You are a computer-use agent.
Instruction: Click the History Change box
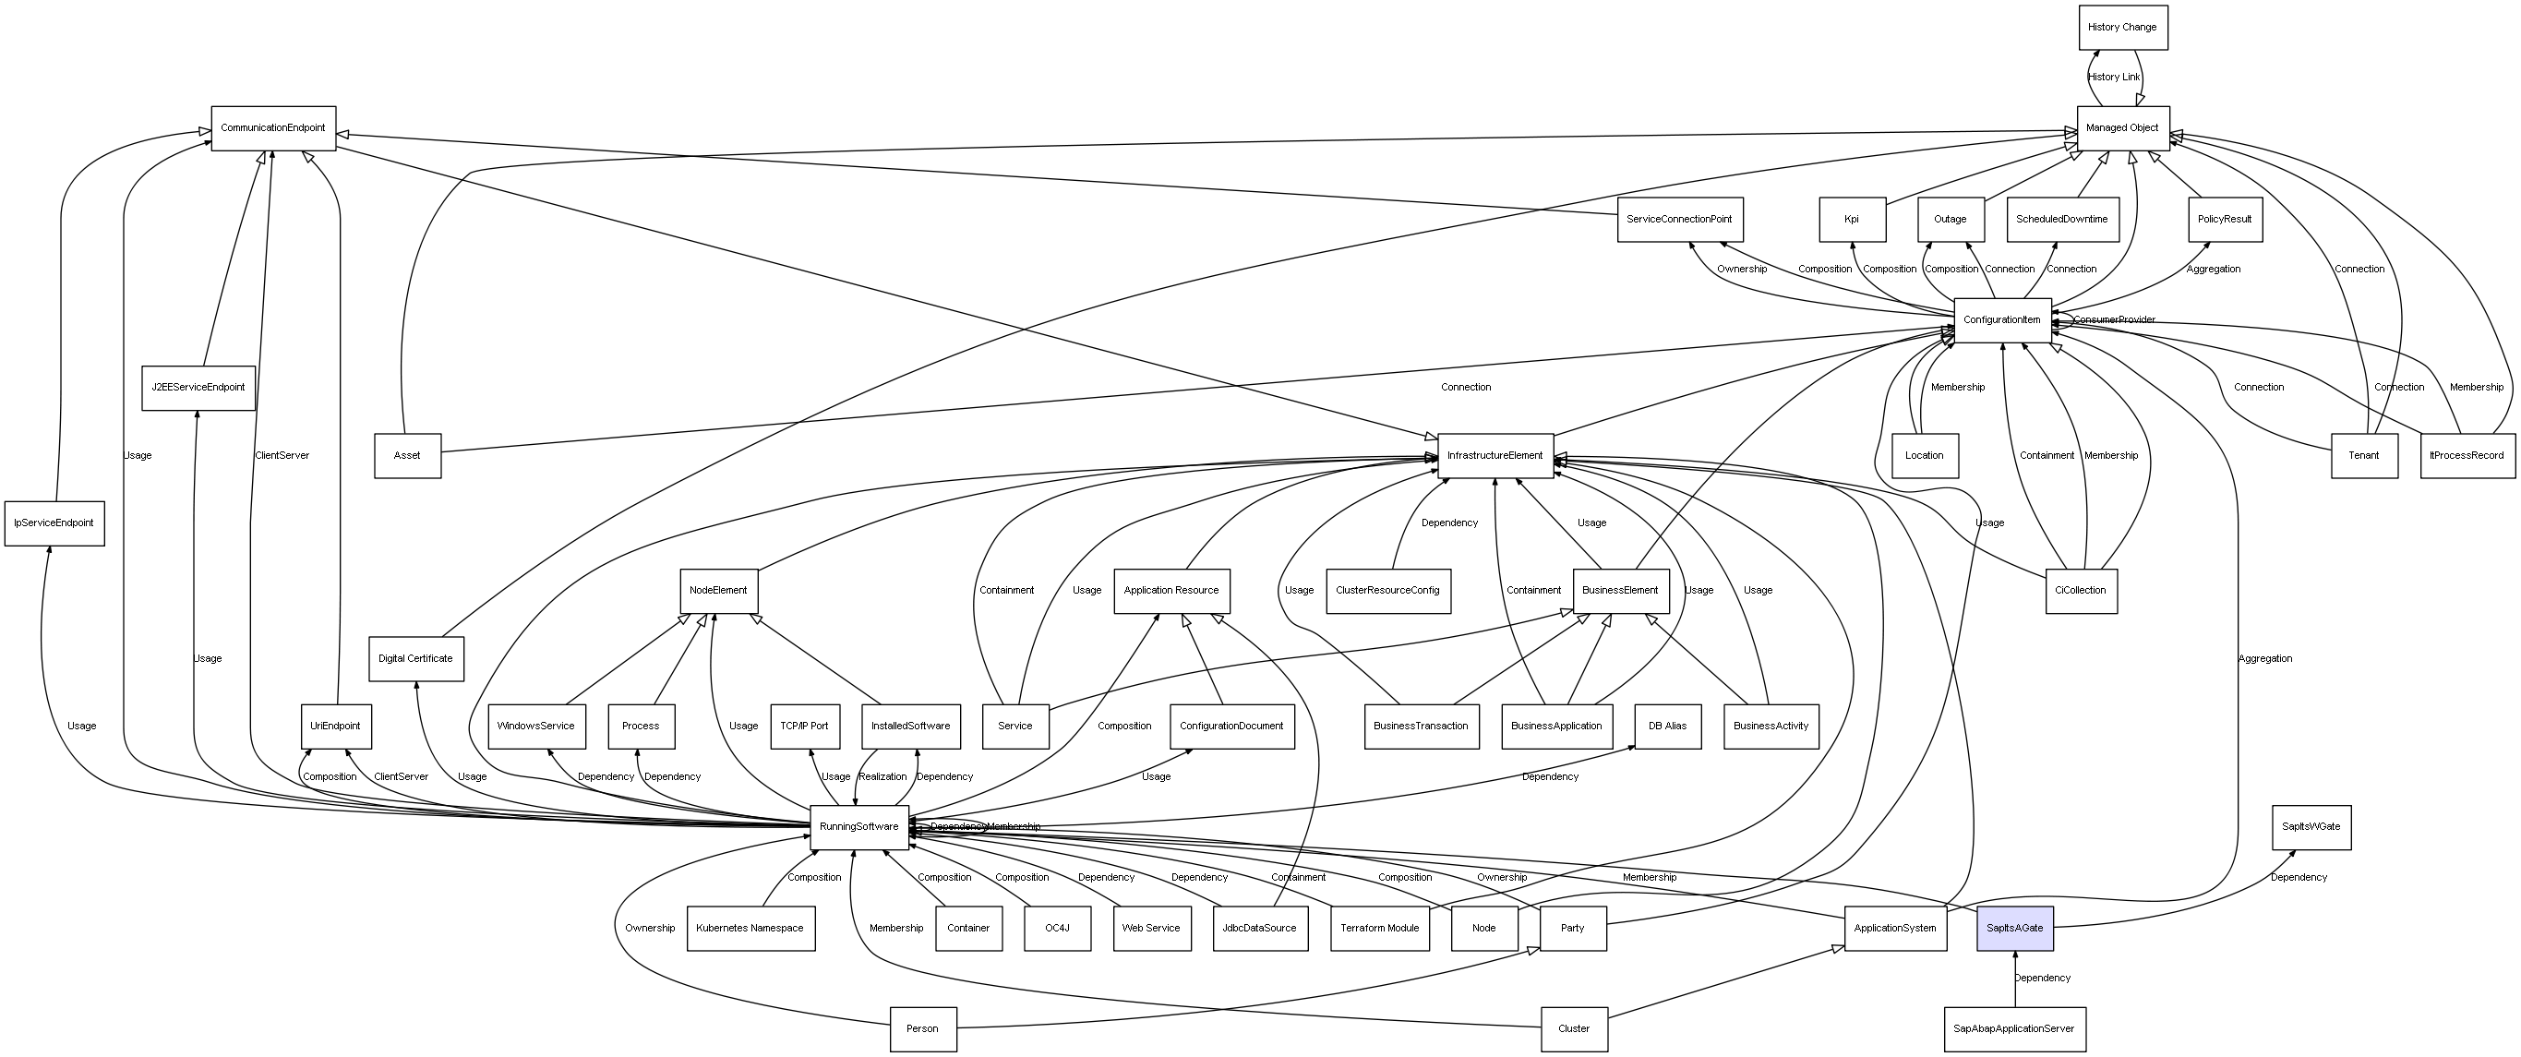coord(2123,28)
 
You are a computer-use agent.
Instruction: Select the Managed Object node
coord(2123,128)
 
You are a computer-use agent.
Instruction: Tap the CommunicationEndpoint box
coord(273,128)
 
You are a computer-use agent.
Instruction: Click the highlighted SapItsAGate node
coord(2015,928)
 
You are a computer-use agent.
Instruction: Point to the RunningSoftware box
coord(859,827)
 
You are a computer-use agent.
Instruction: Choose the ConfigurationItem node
coord(2002,320)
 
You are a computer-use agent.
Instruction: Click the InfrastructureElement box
coord(1495,456)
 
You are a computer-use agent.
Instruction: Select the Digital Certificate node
coord(416,659)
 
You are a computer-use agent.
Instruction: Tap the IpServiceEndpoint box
coord(54,523)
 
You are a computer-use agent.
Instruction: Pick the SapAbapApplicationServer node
coord(2014,1029)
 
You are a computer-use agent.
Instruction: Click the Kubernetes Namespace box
coord(750,928)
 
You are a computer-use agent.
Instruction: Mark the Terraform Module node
coord(1380,928)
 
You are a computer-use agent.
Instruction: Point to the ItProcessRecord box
coord(2467,456)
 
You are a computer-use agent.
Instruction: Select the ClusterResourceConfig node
coord(1387,591)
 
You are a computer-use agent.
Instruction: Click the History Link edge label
coord(2114,78)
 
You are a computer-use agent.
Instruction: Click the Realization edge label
coord(882,777)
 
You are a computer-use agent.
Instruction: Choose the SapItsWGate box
coord(2311,827)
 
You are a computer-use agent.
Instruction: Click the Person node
coord(923,1029)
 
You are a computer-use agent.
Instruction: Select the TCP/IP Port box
coord(804,727)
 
